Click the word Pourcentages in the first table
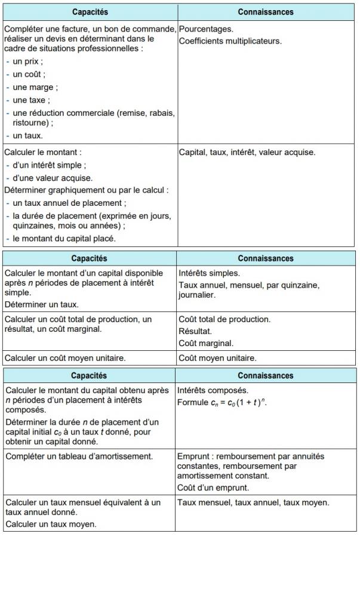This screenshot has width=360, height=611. pyautogui.click(x=206, y=29)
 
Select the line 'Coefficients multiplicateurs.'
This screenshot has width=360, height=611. pyautogui.click(x=230, y=41)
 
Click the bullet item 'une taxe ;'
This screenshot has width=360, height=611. pyautogui.click(x=32, y=100)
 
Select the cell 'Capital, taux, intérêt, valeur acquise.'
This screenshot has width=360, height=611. pyautogui.click(x=247, y=152)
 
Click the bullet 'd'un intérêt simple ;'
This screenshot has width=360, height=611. pyautogui.click(x=49, y=165)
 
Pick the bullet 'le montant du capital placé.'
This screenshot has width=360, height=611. pyautogui.click(x=64, y=239)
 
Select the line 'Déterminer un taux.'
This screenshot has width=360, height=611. pyautogui.click(x=41, y=304)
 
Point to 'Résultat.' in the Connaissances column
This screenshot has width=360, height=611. pyautogui.click(x=195, y=331)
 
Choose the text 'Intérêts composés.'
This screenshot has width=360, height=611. pyautogui.click(x=213, y=390)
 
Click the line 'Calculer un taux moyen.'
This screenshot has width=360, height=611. pyautogui.click(x=51, y=524)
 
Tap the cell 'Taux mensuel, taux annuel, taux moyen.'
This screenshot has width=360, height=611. pyautogui.click(x=253, y=503)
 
